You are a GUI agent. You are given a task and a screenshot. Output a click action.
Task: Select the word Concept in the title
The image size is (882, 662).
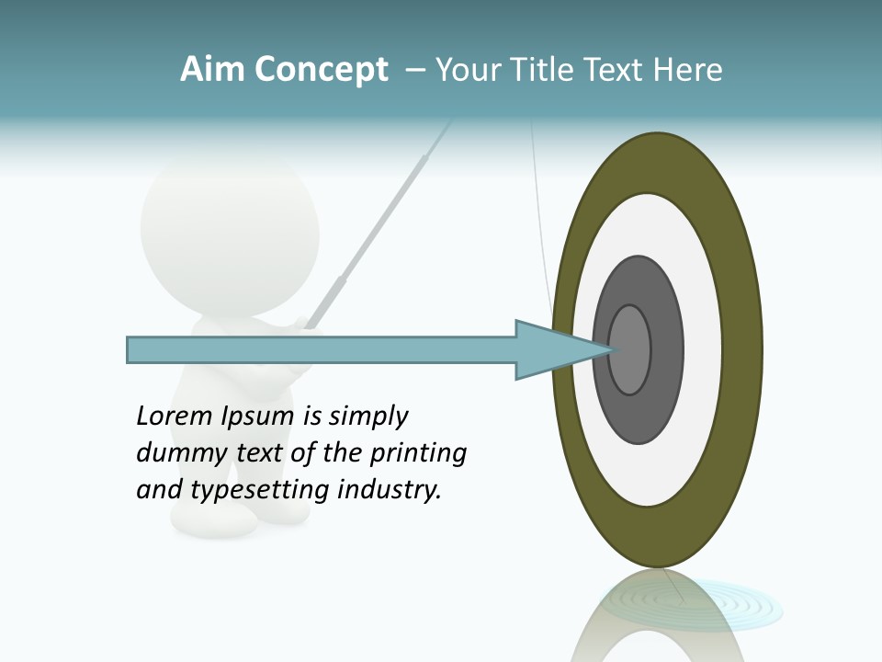coord(321,70)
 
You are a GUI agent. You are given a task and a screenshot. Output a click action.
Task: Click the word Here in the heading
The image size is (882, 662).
coord(688,70)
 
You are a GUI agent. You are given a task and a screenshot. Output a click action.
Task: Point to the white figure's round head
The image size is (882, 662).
coord(230,225)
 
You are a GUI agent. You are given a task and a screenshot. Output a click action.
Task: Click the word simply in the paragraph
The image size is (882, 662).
coord(367,417)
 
